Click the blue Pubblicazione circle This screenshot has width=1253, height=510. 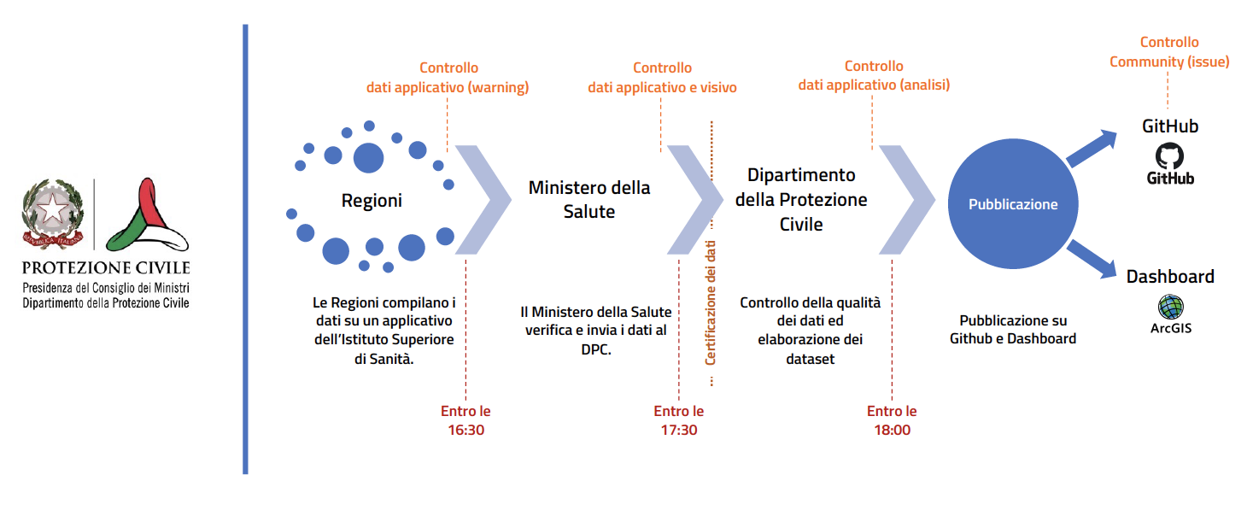1013,204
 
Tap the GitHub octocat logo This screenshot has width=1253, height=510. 1170,156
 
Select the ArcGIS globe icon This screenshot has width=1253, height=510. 1170,306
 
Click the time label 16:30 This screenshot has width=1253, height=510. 465,430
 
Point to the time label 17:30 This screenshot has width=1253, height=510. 678,430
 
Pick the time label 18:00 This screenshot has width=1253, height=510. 892,430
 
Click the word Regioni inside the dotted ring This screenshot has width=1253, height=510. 372,201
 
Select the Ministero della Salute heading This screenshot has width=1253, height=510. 589,199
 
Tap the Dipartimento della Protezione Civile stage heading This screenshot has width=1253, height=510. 801,200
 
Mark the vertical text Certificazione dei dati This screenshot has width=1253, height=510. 710,303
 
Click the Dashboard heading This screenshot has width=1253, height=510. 1170,277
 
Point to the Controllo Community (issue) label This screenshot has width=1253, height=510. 1169,52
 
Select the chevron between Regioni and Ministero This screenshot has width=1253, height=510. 483,200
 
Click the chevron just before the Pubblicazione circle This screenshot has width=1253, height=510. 907,200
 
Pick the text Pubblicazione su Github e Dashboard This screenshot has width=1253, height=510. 1013,330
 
